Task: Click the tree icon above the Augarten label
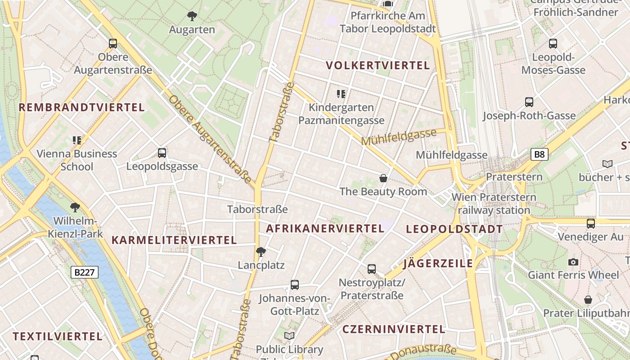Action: pos(192,17)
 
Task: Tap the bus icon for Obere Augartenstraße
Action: pos(113,44)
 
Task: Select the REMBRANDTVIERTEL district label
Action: pos(81,108)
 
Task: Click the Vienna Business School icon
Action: pos(77,140)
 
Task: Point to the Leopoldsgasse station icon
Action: pos(162,153)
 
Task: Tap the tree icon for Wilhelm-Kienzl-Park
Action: pos(75,207)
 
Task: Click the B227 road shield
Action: pos(85,272)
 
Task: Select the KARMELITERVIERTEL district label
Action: pos(174,240)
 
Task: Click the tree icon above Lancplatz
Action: pos(261,252)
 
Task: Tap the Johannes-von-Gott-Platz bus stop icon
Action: pos(295,285)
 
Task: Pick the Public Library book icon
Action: pos(289,336)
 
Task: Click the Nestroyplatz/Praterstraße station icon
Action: pos(372,269)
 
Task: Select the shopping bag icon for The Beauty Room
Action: pos(383,178)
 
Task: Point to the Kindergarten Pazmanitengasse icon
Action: pos(342,94)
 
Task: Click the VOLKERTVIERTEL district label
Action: pos(378,66)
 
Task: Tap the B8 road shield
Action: pos(539,155)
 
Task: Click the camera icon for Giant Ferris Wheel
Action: pos(573,262)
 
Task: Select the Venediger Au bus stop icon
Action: pos(591,223)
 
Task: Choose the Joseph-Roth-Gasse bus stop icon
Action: pos(529,102)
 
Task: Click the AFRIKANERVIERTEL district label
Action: pos(325,229)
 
